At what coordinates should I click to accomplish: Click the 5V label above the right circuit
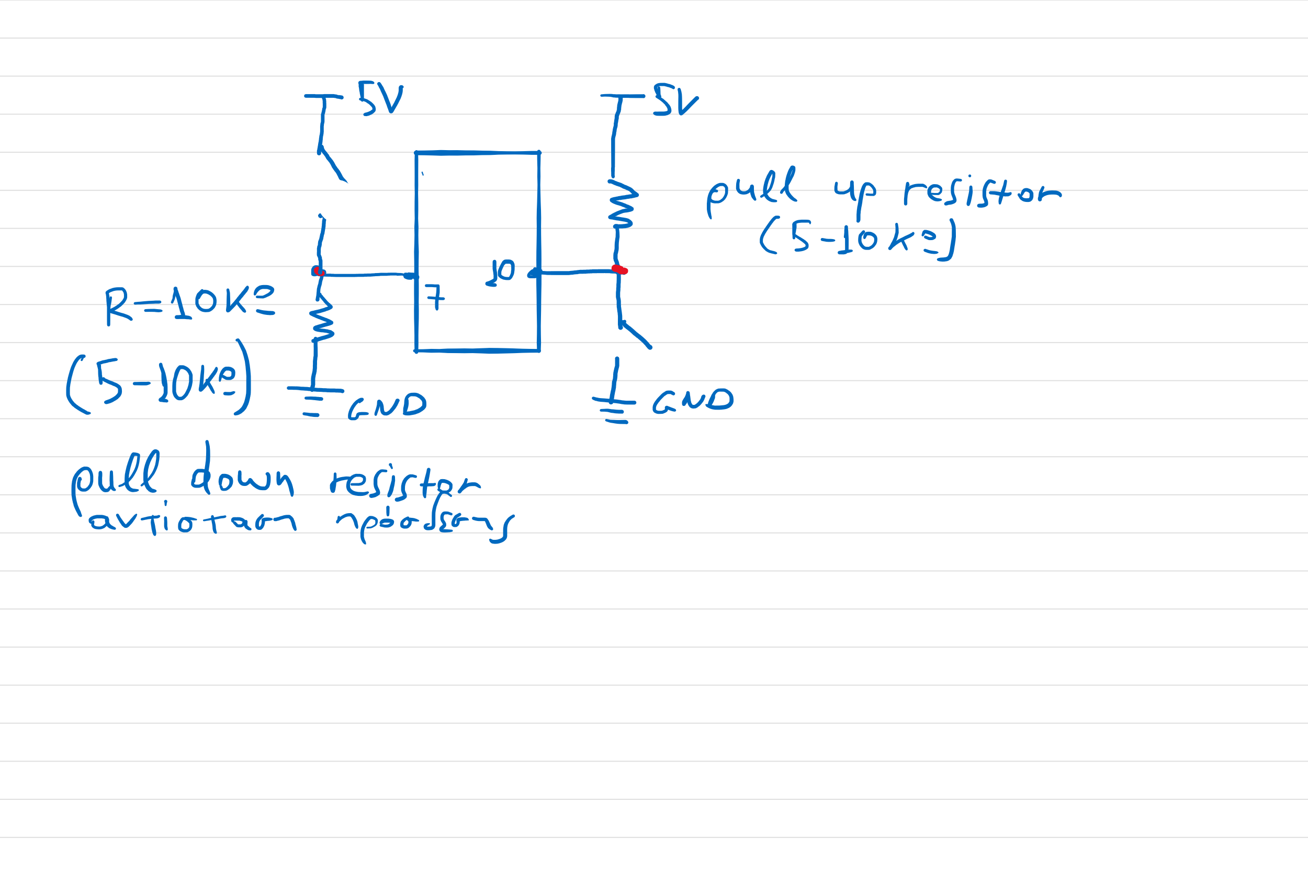point(674,100)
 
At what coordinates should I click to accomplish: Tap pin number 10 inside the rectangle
point(502,273)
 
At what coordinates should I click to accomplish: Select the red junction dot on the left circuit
point(319,271)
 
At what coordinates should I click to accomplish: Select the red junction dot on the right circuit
point(619,270)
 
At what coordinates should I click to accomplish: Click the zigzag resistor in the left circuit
point(321,323)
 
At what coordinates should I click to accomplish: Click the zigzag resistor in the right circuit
point(622,204)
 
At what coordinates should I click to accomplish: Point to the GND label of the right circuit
point(692,400)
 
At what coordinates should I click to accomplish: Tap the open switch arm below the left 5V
point(333,164)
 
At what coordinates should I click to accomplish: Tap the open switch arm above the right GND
point(636,335)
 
